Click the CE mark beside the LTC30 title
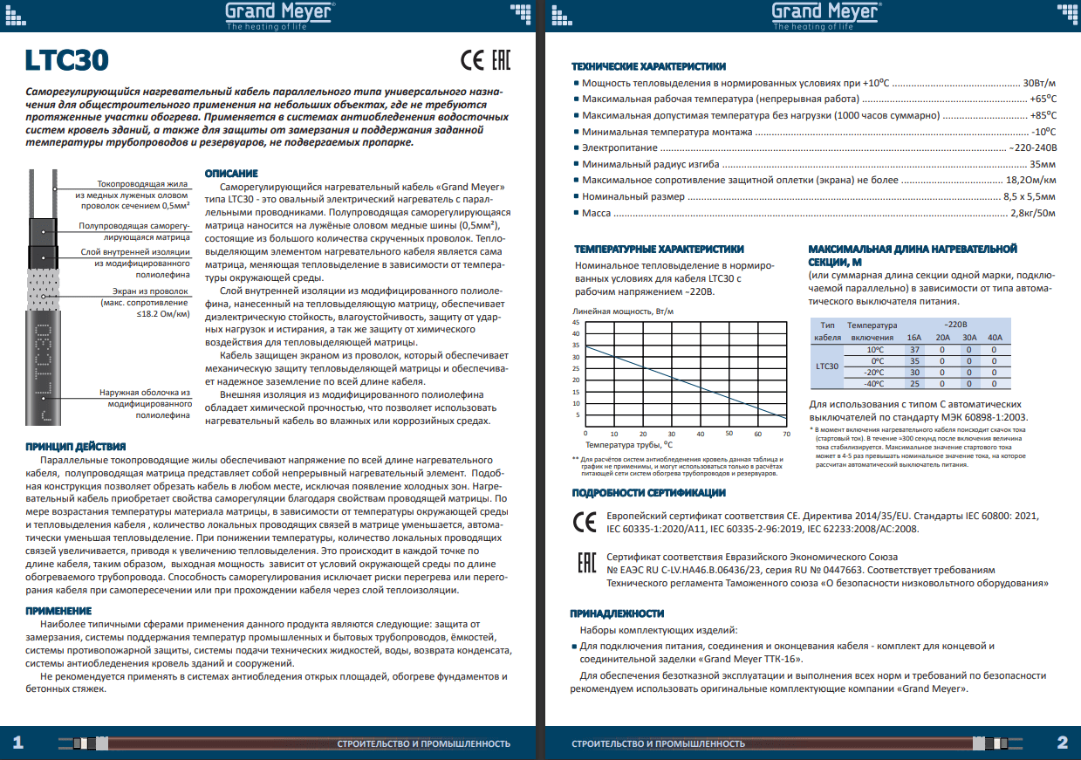[x=471, y=60]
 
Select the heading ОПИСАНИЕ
[x=230, y=174]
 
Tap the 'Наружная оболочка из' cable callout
[x=144, y=394]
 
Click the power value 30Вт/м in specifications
[x=1039, y=83]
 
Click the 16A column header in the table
[x=914, y=337]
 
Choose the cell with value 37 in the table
[x=914, y=349]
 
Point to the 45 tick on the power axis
[x=576, y=323]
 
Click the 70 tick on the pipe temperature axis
[x=786, y=434]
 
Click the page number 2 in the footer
[x=1062, y=743]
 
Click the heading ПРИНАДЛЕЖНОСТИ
[x=617, y=613]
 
